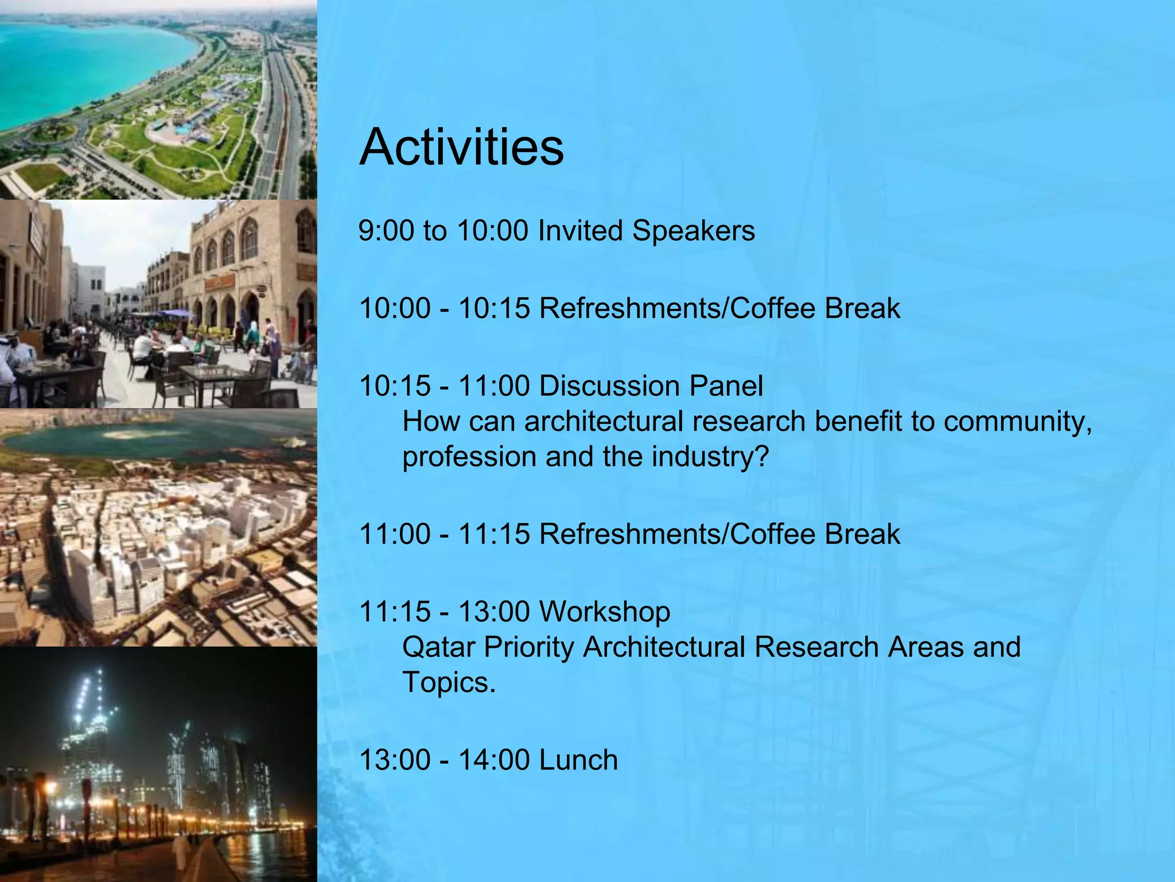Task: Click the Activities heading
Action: pos(461,148)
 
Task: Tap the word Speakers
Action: pos(693,231)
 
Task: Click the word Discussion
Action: pos(610,386)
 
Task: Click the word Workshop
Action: pos(605,612)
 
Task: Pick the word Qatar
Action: pos(438,647)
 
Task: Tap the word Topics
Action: pos(448,683)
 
